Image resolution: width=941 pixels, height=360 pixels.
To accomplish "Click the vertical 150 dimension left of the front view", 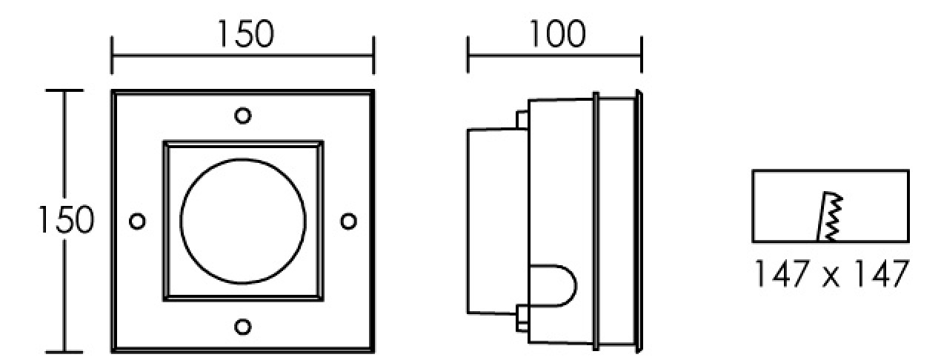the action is [67, 219].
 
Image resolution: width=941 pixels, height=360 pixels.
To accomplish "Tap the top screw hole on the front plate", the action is [243, 116].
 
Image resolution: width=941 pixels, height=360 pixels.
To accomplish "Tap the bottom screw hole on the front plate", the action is [243, 327].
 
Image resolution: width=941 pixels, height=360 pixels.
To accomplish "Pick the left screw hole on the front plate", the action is [137, 221].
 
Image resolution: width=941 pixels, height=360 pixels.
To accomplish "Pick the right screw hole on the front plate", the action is [349, 221].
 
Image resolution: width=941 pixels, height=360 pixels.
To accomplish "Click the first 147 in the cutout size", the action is [782, 273].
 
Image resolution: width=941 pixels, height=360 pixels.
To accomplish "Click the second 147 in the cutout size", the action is [882, 273].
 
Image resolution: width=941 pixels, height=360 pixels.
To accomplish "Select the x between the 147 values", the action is [831, 277].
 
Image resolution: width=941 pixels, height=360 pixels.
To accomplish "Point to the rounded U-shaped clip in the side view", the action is [576, 286].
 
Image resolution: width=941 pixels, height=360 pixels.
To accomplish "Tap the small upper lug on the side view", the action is [522, 120].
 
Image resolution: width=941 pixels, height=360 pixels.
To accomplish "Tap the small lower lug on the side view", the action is [522, 319].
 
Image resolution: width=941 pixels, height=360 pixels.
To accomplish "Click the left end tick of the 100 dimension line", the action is [468, 55].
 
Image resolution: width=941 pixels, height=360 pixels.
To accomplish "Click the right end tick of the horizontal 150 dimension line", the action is [373, 55].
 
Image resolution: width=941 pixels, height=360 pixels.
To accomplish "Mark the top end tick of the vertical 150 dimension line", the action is [64, 90].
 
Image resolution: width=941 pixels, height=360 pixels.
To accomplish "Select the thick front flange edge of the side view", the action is [639, 221].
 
